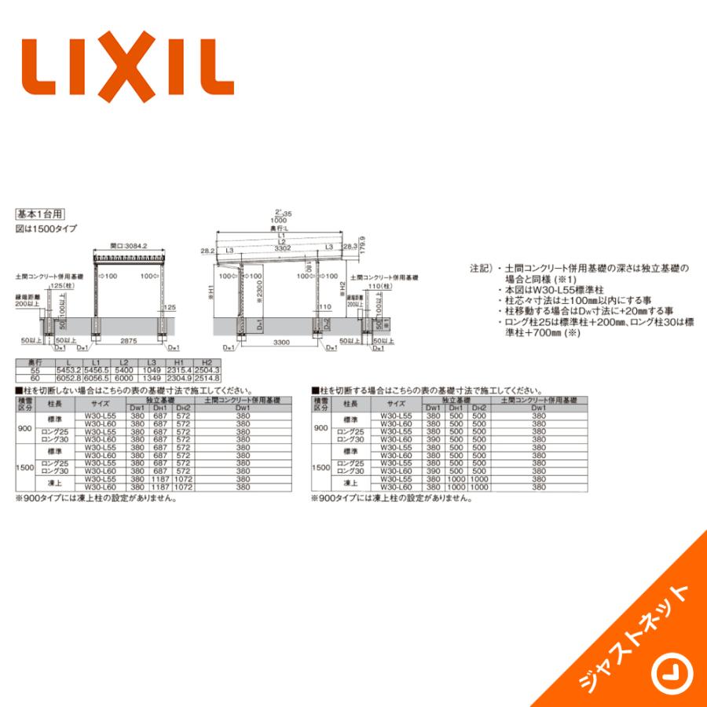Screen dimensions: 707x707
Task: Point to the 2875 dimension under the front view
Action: coord(130,342)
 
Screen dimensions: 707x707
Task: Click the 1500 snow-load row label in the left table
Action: coord(25,467)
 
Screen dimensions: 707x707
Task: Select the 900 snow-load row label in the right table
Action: coord(321,428)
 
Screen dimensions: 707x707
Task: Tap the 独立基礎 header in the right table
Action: coord(456,400)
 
